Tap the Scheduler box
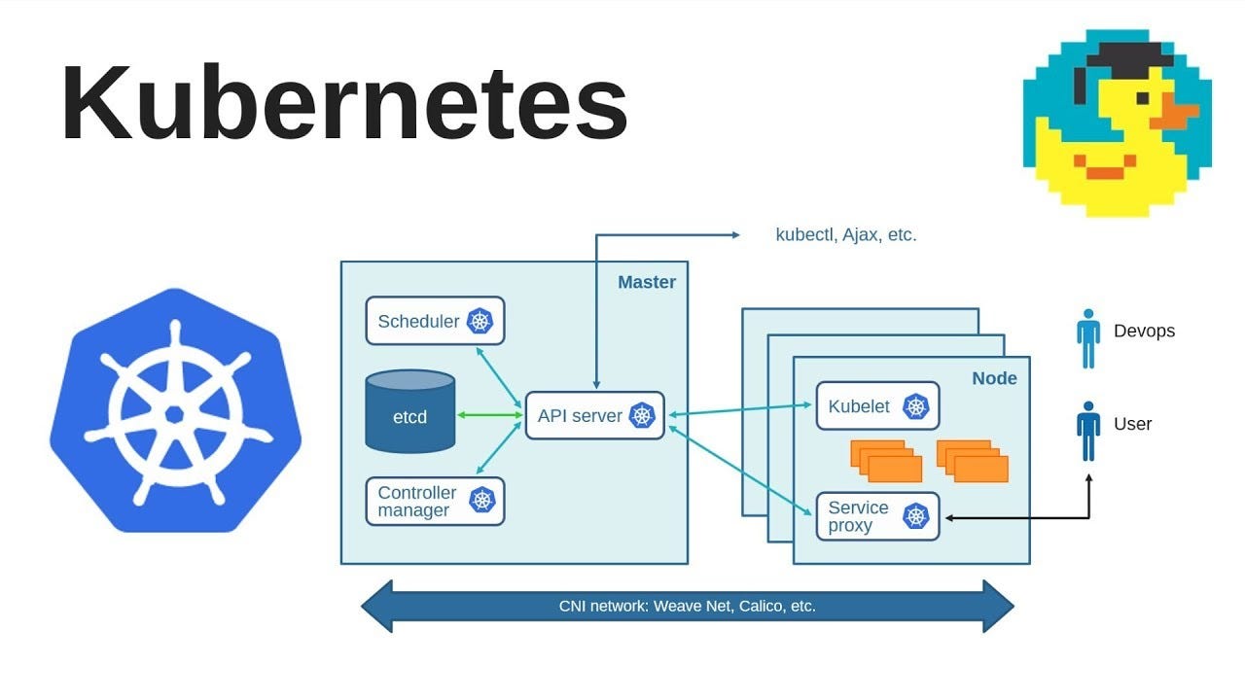point(435,321)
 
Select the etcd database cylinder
point(409,412)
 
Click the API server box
point(594,415)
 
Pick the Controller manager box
point(435,501)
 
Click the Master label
point(646,282)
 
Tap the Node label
point(994,378)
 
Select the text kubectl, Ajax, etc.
point(845,234)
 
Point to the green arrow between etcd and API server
point(490,415)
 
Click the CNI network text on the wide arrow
point(687,606)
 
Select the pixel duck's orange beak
point(1178,114)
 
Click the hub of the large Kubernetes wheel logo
point(175,413)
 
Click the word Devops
point(1144,331)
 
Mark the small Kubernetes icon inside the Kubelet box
point(916,406)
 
